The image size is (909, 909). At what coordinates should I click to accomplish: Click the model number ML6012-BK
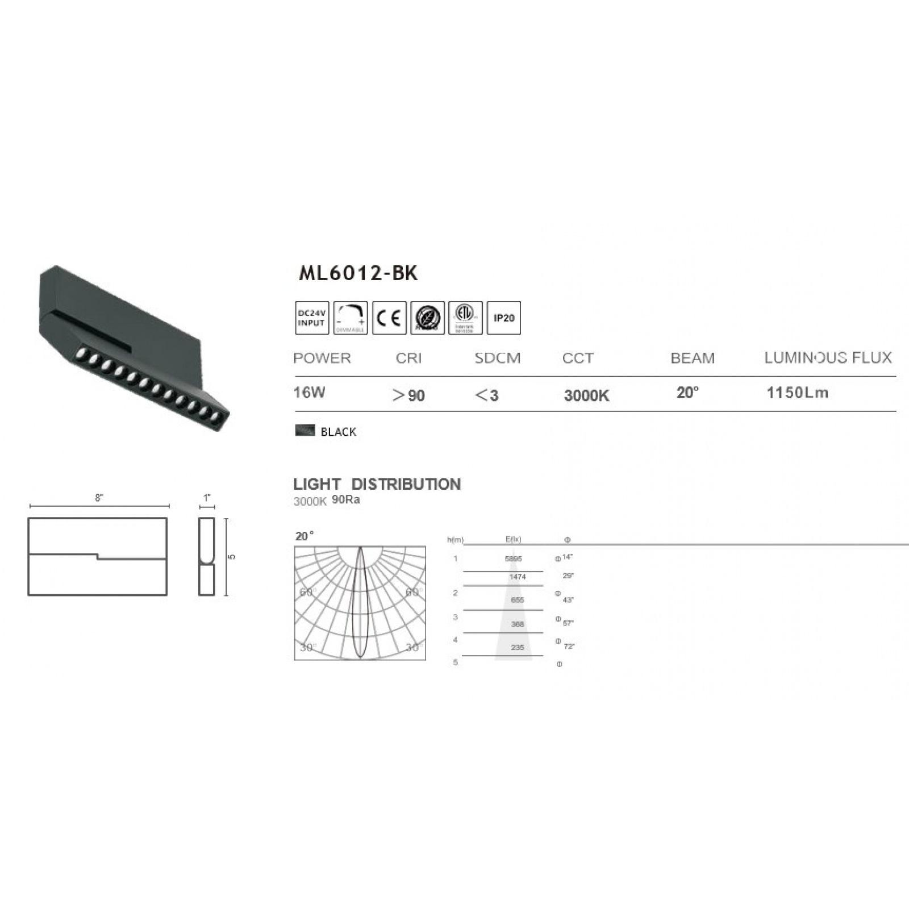[358, 273]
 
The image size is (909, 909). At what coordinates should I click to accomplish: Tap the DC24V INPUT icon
[312, 318]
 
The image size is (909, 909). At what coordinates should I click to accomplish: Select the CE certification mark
[389, 318]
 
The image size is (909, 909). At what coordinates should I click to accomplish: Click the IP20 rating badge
[503, 318]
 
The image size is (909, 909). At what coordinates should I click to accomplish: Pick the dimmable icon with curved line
[351, 318]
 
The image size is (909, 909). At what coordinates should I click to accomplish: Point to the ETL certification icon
[465, 318]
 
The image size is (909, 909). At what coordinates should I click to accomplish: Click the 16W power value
[309, 393]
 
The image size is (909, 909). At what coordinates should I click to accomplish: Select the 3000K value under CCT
[586, 396]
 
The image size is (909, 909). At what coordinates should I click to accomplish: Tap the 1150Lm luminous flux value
[797, 393]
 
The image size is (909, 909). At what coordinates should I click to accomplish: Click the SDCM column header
[497, 358]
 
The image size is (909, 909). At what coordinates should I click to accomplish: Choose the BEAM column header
[693, 358]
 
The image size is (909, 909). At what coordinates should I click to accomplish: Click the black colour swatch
[305, 430]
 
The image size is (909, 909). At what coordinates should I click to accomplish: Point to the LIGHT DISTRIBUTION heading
[377, 485]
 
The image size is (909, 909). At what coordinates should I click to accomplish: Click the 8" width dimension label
[99, 498]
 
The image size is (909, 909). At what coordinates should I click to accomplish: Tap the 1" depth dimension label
[207, 498]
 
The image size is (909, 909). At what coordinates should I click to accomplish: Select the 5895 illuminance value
[513, 559]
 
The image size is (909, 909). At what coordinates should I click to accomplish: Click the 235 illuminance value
[517, 647]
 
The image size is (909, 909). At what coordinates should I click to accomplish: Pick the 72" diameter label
[569, 647]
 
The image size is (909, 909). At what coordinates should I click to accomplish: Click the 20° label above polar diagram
[305, 536]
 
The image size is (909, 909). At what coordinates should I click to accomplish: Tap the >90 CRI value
[408, 395]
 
